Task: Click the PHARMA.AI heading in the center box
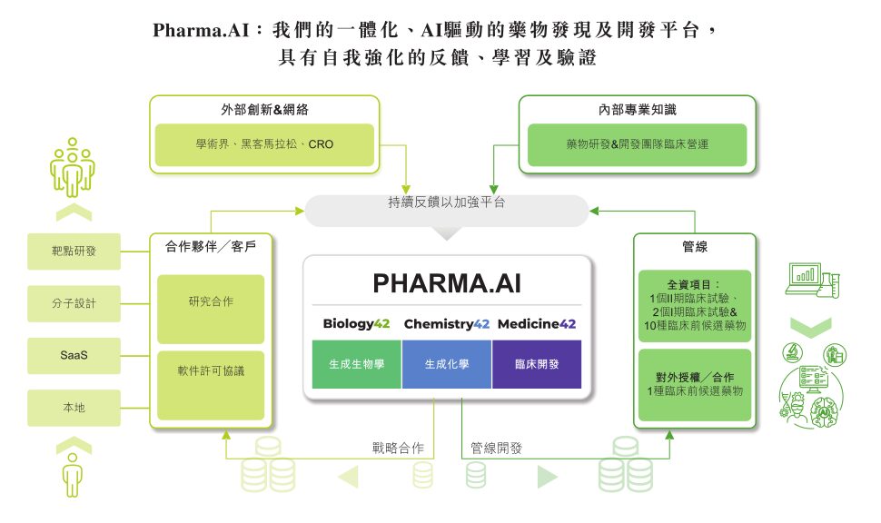pos(447,283)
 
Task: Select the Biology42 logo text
pos(356,323)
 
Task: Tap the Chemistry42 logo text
pos(447,323)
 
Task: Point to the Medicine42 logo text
pos(537,323)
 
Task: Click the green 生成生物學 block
pos(356,364)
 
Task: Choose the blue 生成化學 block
pos(447,364)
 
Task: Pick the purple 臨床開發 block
pos(537,364)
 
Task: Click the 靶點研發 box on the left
pos(74,252)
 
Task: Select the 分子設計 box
pos(74,303)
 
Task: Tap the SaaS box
pos(74,355)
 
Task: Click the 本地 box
pos(74,408)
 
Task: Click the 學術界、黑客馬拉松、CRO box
pos(264,144)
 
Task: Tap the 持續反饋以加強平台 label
pos(446,203)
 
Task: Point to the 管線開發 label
pos(496,448)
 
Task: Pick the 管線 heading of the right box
pos(695,246)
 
